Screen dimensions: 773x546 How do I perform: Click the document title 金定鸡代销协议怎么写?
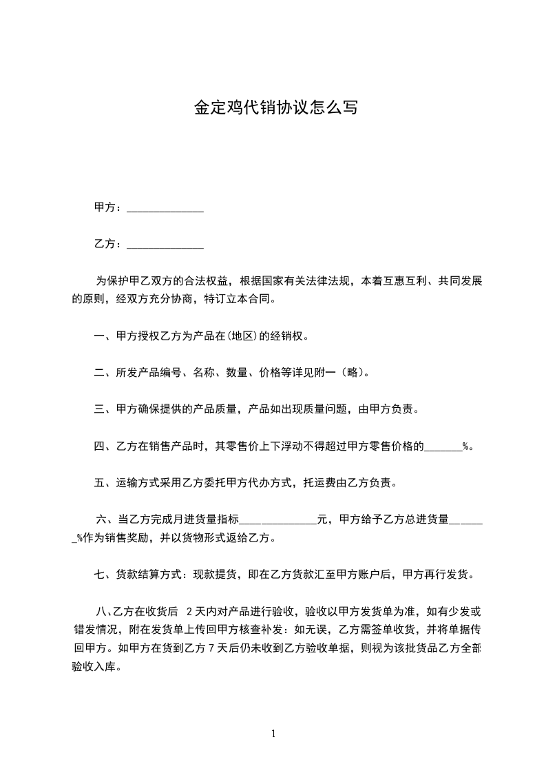275,107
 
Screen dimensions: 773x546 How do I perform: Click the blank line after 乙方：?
166,245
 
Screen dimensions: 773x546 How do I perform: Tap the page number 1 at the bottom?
273,734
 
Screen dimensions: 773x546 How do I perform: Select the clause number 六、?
107,519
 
